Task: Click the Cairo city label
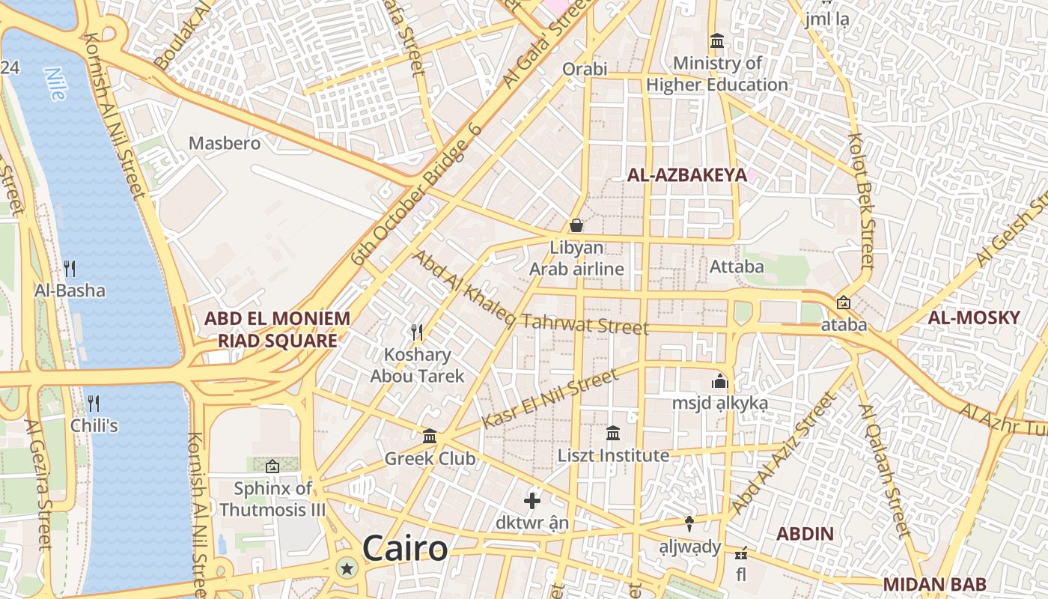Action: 405,549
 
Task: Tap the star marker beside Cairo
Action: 347,568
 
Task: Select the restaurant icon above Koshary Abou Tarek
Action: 418,332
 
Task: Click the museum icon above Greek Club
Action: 430,436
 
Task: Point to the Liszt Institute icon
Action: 613,433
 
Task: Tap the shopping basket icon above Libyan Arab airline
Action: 576,225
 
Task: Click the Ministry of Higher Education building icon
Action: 717,40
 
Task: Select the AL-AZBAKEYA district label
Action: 686,175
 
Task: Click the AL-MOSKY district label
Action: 974,317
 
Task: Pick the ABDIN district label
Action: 805,534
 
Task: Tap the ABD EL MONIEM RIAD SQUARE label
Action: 277,329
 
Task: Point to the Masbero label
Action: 225,143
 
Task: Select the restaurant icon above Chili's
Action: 94,404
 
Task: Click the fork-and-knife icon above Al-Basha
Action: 70,268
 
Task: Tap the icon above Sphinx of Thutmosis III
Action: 272,466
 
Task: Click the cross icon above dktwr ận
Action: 532,500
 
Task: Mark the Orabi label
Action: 585,69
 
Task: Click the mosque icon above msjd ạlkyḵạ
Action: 720,381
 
